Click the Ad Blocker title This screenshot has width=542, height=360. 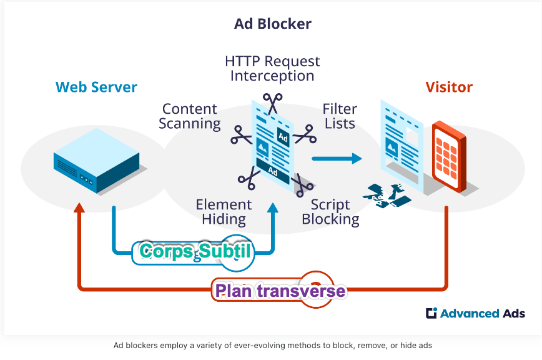pyautogui.click(x=273, y=24)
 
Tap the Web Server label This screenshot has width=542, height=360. pyautogui.click(x=96, y=87)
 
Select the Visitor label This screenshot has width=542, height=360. pyautogui.click(x=449, y=87)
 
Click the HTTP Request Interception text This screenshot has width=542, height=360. pyautogui.click(x=272, y=69)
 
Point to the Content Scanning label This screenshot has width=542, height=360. pyautogui.click(x=190, y=116)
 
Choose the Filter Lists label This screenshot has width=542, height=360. pyautogui.click(x=340, y=116)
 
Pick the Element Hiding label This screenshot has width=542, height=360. pyautogui.click(x=224, y=212)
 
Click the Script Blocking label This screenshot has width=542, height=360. pyautogui.click(x=330, y=212)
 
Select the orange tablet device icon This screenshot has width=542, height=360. pyautogui.click(x=448, y=156)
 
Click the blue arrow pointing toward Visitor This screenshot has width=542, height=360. pyautogui.click(x=337, y=158)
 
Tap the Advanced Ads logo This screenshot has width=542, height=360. pyautogui.click(x=475, y=314)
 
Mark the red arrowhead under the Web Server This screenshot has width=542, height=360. pyautogui.click(x=79, y=208)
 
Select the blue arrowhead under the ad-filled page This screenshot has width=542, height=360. pyautogui.click(x=272, y=208)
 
